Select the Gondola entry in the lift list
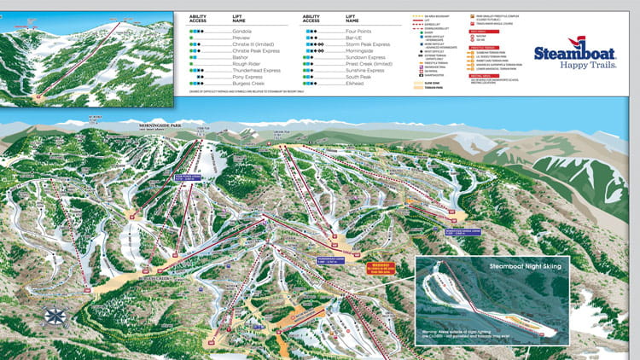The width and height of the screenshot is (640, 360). coord(243,31)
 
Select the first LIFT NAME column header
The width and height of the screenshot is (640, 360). coord(241,17)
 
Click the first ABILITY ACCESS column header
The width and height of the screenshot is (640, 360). coord(199,17)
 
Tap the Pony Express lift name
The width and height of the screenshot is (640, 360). coord(248,78)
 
